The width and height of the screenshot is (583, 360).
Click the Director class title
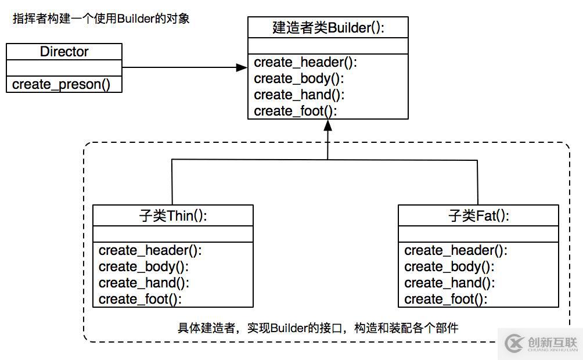(64, 52)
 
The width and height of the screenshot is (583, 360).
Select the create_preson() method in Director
(61, 84)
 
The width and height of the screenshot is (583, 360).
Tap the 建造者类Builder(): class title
(328, 27)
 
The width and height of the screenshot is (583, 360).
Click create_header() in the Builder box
(305, 63)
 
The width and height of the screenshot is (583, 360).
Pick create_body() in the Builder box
(299, 79)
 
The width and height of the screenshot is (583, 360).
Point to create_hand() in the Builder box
(300, 95)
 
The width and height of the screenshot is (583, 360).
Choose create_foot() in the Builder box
(296, 111)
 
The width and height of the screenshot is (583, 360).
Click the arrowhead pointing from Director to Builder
(242, 67)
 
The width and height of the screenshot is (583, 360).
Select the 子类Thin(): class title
(173, 215)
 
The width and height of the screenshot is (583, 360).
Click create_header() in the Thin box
(150, 251)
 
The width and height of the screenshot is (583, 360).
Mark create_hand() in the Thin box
(144, 283)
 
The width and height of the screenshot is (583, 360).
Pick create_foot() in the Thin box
(140, 300)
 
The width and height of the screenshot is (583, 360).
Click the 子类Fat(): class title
(478, 215)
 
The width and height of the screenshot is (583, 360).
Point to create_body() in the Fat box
(449, 267)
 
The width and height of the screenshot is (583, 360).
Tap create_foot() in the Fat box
(446, 300)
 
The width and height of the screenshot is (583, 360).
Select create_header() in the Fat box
(456, 251)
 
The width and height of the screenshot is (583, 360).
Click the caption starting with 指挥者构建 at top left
(101, 19)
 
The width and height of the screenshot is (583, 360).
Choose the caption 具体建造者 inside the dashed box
(318, 327)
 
